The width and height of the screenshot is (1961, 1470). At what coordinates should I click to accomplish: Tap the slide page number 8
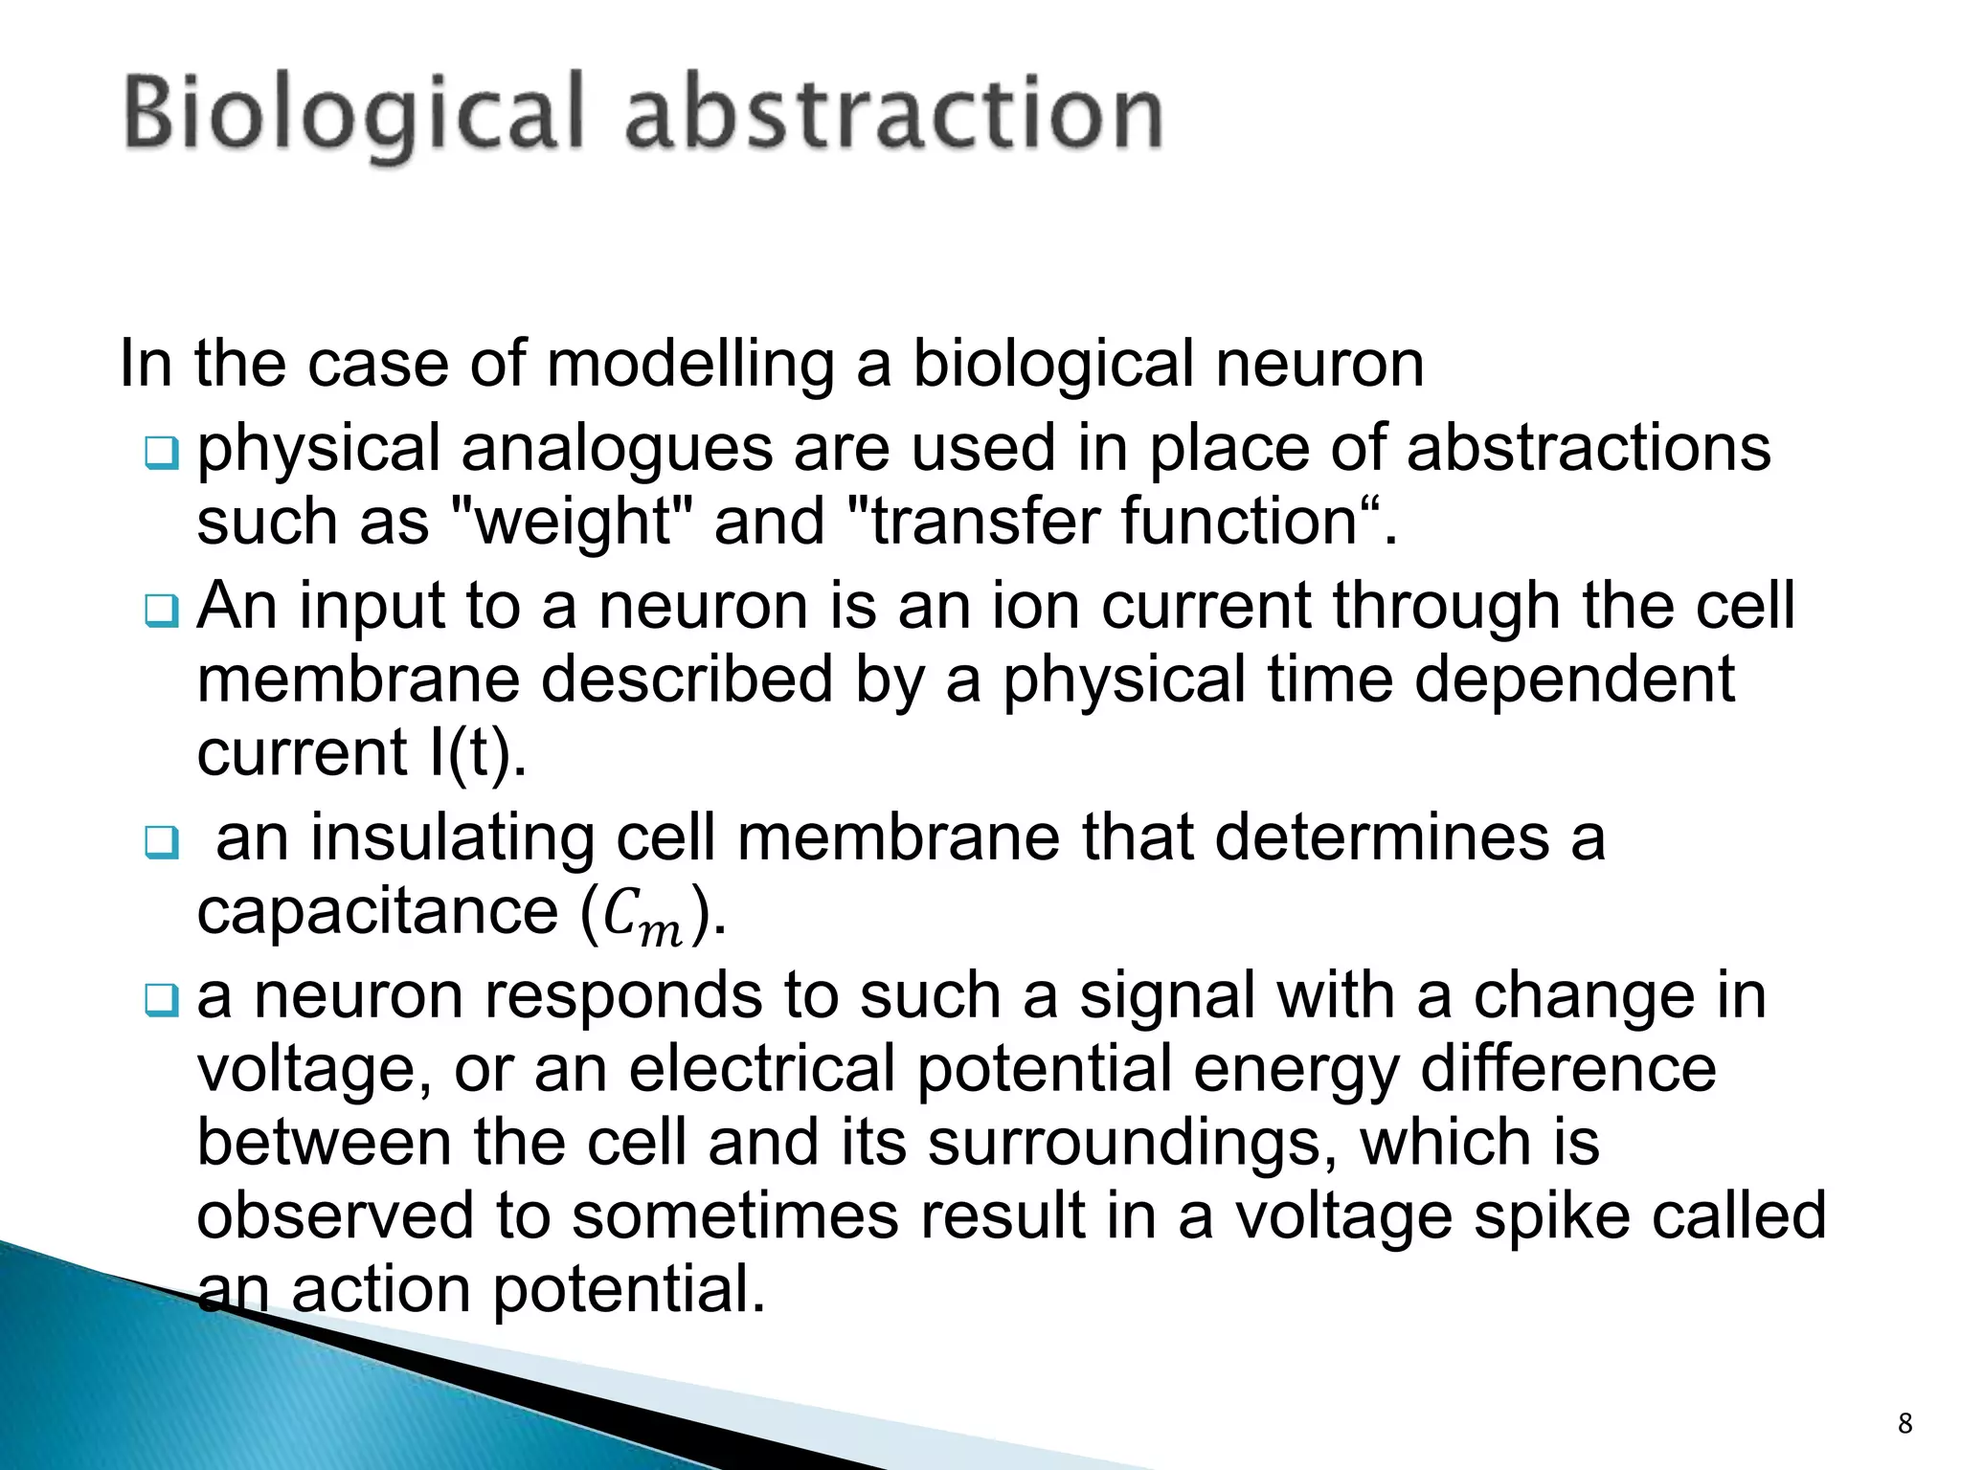pos(1905,1423)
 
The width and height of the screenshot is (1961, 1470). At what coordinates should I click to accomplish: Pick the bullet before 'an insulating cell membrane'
pos(161,842)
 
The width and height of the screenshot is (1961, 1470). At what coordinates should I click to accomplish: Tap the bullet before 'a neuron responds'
pos(161,1000)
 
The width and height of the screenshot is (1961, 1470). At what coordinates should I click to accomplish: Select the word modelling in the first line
pos(689,366)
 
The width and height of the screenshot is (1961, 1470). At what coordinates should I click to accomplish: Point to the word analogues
pos(617,450)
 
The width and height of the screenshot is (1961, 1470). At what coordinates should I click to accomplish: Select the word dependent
pos(1574,680)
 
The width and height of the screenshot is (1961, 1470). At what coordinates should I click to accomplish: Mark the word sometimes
pos(707,1216)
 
